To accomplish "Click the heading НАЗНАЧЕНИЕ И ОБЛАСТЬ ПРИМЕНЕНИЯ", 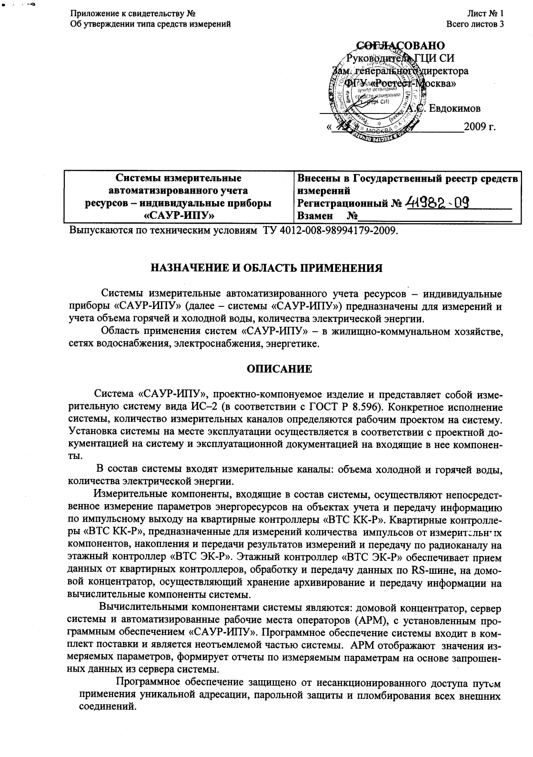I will point(267,268).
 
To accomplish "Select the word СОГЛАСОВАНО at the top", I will point(401,45).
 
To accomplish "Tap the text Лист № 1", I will point(485,14).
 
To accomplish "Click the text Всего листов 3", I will point(475,24).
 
